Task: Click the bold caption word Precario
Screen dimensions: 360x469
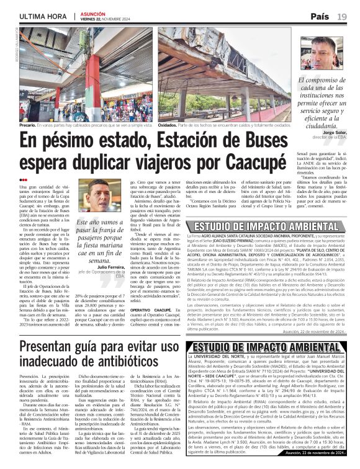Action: (27, 125)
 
